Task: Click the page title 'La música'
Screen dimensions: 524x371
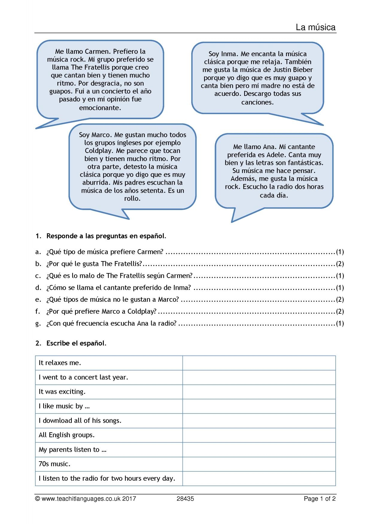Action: pyautogui.click(x=316, y=27)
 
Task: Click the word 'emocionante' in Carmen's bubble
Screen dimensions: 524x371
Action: pyautogui.click(x=100, y=108)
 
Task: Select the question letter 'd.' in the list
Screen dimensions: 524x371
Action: pyautogui.click(x=38, y=288)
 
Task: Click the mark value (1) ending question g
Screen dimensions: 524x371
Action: pyautogui.click(x=340, y=323)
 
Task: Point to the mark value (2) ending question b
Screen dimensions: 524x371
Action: pyautogui.click(x=340, y=264)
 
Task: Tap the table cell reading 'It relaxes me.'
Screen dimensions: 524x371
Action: pyautogui.click(x=60, y=363)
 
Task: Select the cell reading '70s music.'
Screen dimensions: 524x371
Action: pyautogui.click(x=54, y=464)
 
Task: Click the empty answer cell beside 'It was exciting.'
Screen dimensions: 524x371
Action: pyautogui.click(x=259, y=392)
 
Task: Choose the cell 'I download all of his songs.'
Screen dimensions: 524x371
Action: pyautogui.click(x=80, y=421)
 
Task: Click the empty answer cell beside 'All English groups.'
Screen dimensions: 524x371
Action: pyautogui.click(x=259, y=435)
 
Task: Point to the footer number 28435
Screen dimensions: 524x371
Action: pyautogui.click(x=185, y=499)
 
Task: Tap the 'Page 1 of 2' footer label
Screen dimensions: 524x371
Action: pyautogui.click(x=320, y=499)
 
